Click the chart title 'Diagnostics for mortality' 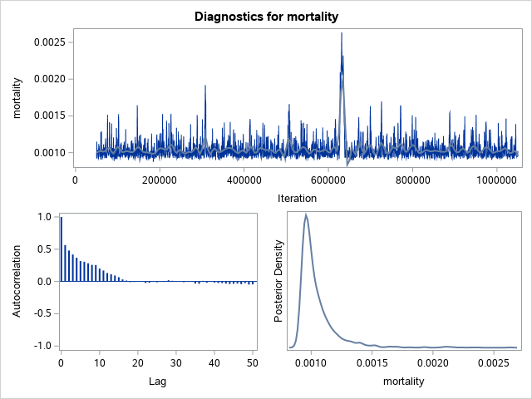(x=266, y=17)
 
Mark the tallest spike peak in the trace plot (x=342, y=33)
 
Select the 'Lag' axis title (x=157, y=382)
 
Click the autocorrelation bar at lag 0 (x=61, y=249)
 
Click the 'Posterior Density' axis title (x=279, y=281)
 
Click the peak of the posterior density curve (x=306, y=215)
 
